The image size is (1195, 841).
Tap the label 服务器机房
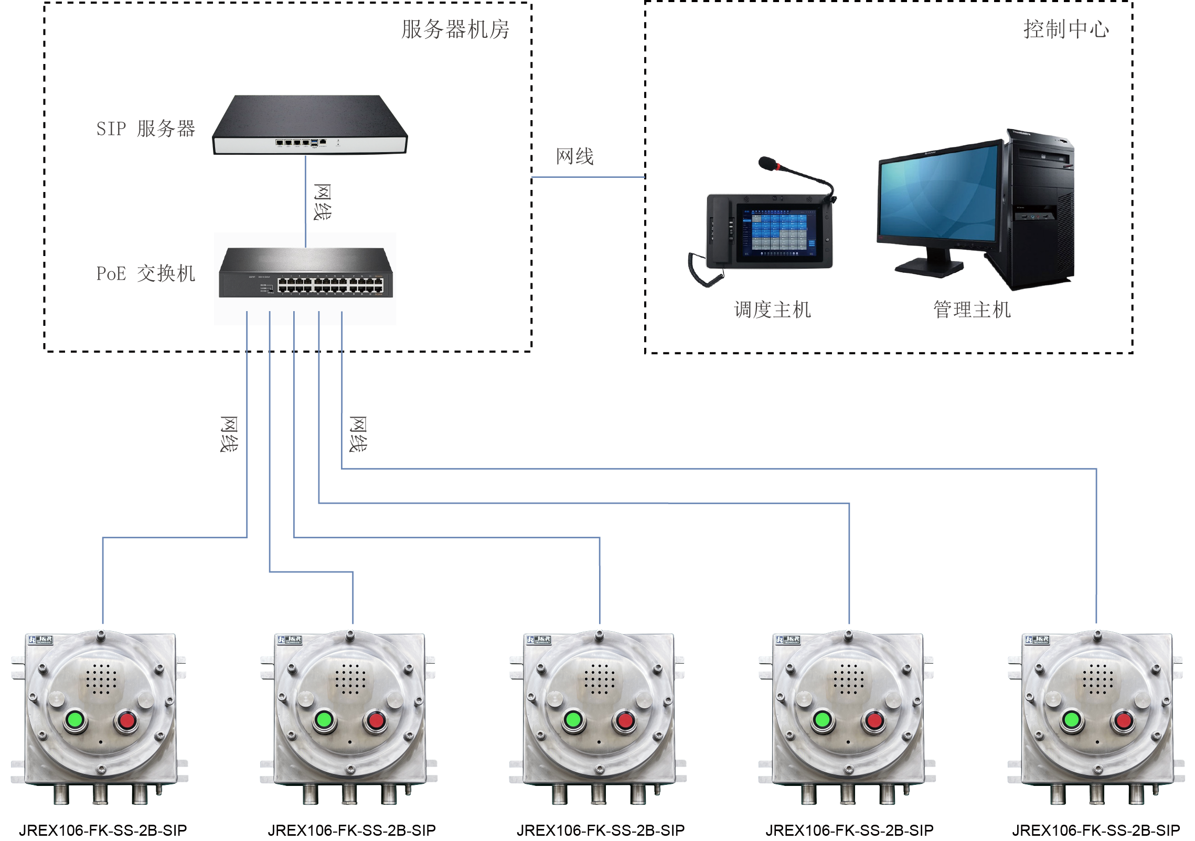[x=455, y=29]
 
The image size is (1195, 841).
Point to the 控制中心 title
[x=1066, y=29]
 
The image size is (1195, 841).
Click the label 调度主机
[x=772, y=310]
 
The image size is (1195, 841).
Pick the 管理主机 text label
[x=972, y=310]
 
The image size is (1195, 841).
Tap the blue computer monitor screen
[x=939, y=194]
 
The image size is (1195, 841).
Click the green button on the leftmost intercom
[x=76, y=720]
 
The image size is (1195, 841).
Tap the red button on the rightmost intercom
[x=1123, y=720]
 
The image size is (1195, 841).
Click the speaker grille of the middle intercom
[x=600, y=678]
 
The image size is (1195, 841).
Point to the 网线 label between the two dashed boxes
[x=575, y=156]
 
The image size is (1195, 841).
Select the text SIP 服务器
[x=145, y=129]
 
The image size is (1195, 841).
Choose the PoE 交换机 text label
[x=145, y=273]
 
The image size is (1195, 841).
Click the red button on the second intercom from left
[x=376, y=720]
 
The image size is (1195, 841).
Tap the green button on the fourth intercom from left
[x=823, y=720]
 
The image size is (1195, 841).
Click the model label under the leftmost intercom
[x=103, y=830]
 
